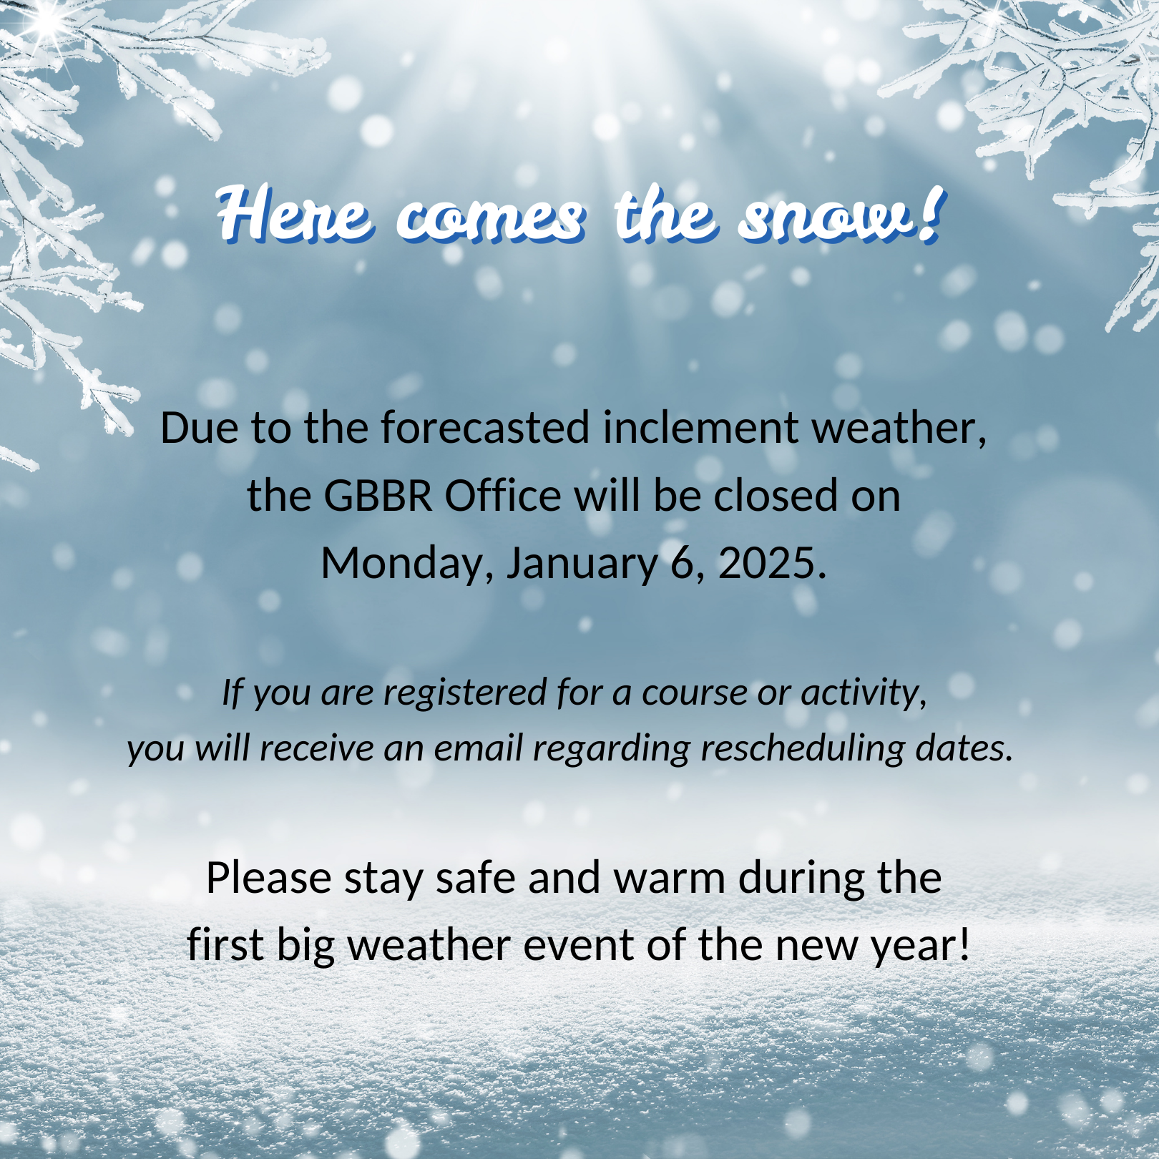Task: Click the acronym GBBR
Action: [x=378, y=495]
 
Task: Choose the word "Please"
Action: [x=269, y=878]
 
